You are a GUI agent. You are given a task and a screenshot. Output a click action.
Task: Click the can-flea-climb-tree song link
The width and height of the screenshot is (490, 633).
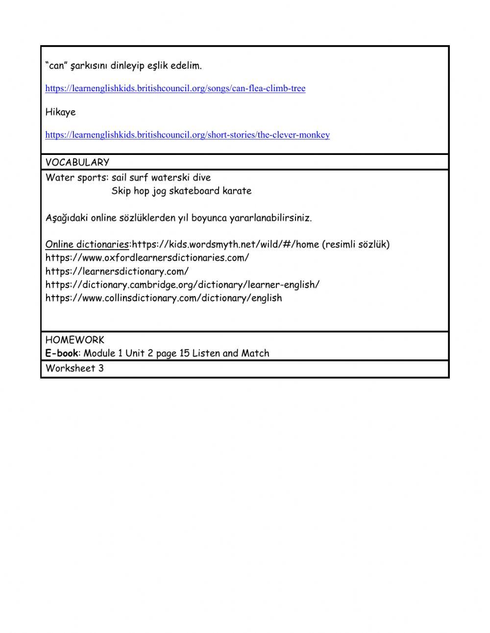tap(175, 89)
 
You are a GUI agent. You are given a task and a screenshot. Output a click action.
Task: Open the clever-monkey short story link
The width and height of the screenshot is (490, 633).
tap(187, 135)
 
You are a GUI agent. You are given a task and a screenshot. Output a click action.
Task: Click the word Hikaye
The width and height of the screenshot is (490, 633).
tap(60, 112)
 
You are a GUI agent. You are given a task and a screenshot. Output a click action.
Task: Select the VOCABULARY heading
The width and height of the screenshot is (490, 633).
tap(77, 162)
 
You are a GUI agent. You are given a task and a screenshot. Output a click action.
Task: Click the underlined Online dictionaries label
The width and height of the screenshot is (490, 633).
tap(87, 244)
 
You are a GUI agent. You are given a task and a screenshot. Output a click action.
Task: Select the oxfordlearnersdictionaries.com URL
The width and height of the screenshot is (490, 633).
tap(147, 257)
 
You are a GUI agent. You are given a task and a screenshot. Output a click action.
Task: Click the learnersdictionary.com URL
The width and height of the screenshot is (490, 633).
tap(117, 271)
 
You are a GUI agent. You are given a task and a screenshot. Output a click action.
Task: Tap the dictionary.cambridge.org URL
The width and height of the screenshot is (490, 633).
tap(182, 284)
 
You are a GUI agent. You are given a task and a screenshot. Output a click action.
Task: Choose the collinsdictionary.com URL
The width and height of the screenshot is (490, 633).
tap(164, 298)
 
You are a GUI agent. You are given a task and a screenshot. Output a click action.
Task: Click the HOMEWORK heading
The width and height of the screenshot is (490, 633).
tap(74, 340)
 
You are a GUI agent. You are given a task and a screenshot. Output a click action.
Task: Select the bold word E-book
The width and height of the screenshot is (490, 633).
tap(61, 353)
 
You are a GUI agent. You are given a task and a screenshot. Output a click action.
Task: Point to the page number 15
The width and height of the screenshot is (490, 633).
tap(184, 353)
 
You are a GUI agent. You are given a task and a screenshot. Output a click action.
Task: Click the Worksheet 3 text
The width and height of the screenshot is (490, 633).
tap(74, 368)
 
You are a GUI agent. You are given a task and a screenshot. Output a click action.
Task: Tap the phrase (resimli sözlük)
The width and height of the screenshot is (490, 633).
tap(356, 244)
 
